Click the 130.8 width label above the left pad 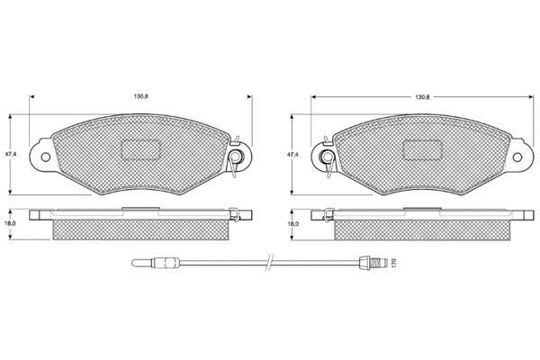(141, 96)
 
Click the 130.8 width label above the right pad (422, 97)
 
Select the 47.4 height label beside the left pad (11, 154)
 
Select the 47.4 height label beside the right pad (292, 155)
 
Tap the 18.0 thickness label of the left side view (11, 223)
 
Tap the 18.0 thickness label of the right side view (293, 224)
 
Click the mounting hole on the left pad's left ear (46, 157)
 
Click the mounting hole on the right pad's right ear (517, 157)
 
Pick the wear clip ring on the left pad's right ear (236, 157)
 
